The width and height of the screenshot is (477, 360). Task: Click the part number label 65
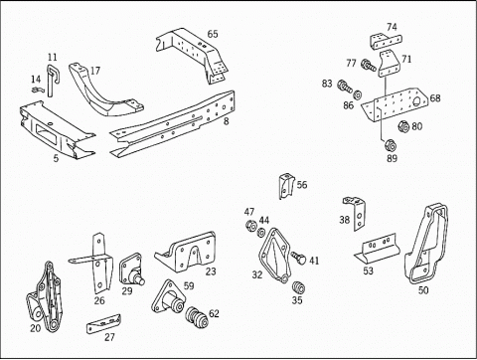[x=213, y=34]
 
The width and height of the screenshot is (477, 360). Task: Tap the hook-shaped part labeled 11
[x=51, y=80]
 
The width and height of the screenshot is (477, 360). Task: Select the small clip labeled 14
[x=38, y=90]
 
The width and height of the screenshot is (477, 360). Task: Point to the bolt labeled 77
[x=369, y=65]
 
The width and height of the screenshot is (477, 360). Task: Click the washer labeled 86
[x=357, y=94]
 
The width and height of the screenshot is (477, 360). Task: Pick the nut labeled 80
[x=403, y=126]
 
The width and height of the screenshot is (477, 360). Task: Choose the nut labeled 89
[x=391, y=145]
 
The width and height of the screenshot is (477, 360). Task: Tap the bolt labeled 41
[x=298, y=258]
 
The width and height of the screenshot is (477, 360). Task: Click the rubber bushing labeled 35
[x=298, y=287]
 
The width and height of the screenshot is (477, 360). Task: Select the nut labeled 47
[x=250, y=226]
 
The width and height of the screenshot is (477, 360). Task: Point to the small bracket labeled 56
[x=286, y=186]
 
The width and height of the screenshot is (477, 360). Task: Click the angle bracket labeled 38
[x=356, y=213]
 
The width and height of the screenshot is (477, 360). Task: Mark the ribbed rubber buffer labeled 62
[x=197, y=317]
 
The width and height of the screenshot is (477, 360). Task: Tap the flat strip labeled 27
[x=103, y=324]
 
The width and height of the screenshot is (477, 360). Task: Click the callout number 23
[x=211, y=271]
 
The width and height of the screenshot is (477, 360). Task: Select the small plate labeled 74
[x=386, y=41]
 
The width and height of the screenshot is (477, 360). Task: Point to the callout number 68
[x=435, y=98]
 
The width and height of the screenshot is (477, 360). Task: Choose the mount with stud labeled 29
[x=131, y=270]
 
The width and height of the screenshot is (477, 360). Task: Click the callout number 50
[x=423, y=290]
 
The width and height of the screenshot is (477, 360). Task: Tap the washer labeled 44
[x=261, y=233]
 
